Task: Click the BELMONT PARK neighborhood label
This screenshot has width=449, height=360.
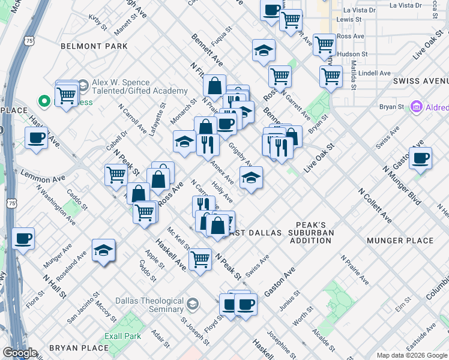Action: click(94, 46)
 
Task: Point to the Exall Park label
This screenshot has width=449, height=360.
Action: click(122, 337)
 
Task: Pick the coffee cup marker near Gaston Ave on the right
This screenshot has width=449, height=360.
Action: click(420, 158)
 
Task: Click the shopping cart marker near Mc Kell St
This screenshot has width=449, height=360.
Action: click(200, 260)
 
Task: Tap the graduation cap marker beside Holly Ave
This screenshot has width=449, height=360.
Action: click(251, 178)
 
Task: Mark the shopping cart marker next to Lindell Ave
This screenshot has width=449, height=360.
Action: click(331, 76)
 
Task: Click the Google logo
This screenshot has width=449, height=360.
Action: click(19, 353)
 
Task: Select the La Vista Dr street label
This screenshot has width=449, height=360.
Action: click(359, 10)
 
